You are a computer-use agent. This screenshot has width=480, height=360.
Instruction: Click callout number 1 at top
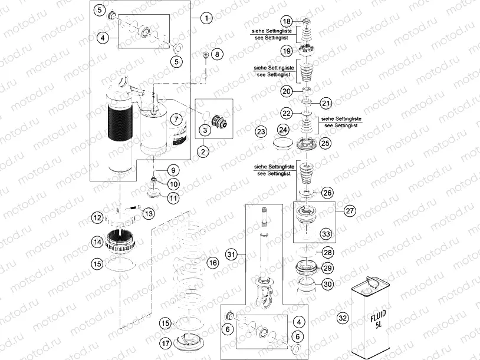(x=206, y=18)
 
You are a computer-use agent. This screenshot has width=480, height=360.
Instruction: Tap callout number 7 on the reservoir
(x=175, y=119)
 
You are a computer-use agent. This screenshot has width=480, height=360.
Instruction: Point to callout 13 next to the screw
(x=148, y=213)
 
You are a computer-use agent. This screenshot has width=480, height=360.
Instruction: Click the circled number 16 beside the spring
(x=213, y=261)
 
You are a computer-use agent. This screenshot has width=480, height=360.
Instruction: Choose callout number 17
(x=166, y=343)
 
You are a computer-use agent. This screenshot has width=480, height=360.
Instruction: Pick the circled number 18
(x=303, y=21)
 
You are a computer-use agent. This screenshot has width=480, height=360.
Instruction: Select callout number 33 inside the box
(x=326, y=234)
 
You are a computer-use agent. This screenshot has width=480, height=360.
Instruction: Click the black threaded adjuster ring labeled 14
(x=124, y=241)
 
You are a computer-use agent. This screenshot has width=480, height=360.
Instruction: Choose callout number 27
(x=349, y=210)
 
